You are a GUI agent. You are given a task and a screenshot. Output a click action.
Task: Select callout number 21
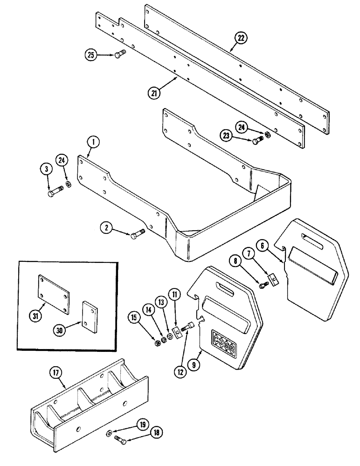pos(154,93)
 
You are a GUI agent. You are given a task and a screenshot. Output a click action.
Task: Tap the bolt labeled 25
pos(119,55)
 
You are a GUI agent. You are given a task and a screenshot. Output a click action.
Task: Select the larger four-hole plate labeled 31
pos(52,291)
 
